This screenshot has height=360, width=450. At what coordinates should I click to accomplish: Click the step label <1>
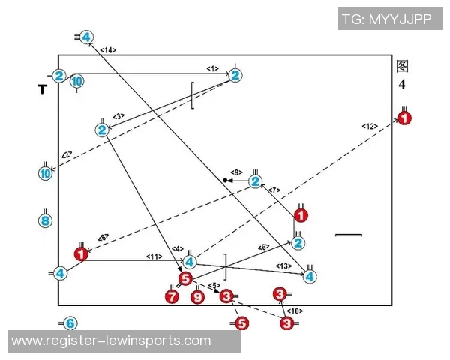pyautogui.click(x=212, y=69)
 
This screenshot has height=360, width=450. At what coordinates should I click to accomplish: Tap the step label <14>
pyautogui.click(x=108, y=49)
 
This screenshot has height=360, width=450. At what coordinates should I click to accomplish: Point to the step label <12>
pyautogui.click(x=370, y=126)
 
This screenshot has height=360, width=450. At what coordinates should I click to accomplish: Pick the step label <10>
pyautogui.click(x=295, y=310)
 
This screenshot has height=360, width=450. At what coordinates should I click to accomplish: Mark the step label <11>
pyautogui.click(x=154, y=256)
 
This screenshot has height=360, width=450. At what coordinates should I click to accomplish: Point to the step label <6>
pyautogui.click(x=263, y=247)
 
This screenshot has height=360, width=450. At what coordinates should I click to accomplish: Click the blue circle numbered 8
pyautogui.click(x=45, y=220)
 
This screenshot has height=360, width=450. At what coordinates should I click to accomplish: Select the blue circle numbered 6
pyautogui.click(x=69, y=323)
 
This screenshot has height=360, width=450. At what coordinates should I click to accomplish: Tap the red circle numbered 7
pyautogui.click(x=171, y=297)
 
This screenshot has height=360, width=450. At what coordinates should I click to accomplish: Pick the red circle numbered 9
pyautogui.click(x=197, y=297)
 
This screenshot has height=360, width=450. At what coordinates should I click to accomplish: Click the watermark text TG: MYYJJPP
pyautogui.click(x=386, y=19)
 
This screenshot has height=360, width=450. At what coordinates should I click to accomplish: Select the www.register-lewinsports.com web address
pyautogui.click(x=112, y=340)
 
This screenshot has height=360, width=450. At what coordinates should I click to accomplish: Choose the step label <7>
pyautogui.click(x=274, y=190)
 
